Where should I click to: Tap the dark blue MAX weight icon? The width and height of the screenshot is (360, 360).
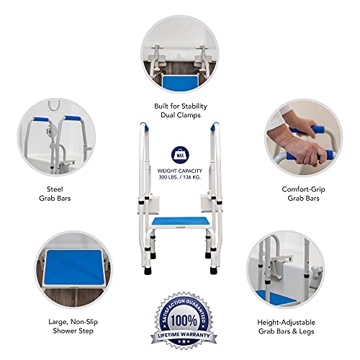coord(179,154)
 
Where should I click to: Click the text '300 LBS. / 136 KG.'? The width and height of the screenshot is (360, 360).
coord(179,177)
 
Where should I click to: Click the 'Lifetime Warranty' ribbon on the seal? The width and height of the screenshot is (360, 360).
coord(179,336)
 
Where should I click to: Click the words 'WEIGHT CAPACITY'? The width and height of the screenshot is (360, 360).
coord(179,171)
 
